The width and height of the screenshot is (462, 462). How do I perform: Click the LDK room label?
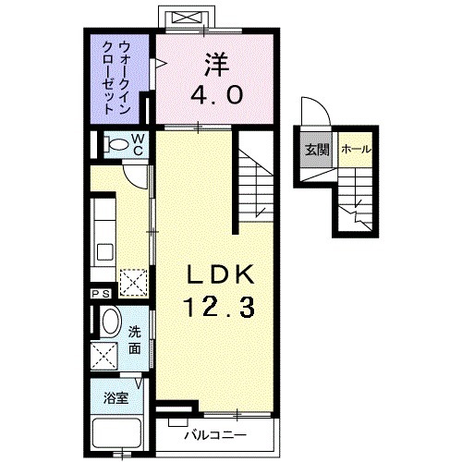point(221,275)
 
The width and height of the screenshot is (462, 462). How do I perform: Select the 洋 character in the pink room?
point(216,65)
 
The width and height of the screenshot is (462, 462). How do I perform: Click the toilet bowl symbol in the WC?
point(115,144)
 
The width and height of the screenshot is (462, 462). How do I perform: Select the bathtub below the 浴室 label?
point(115,433)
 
